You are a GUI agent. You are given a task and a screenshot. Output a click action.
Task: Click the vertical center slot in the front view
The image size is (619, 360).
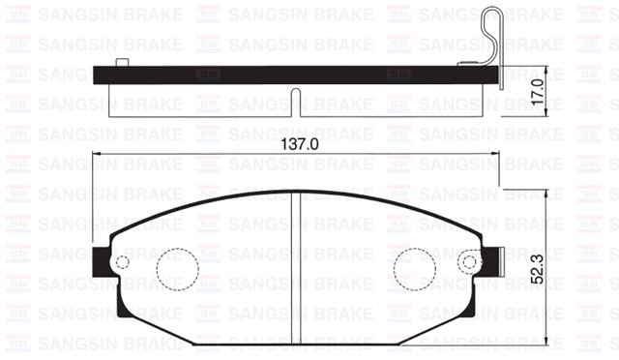tap(297, 261)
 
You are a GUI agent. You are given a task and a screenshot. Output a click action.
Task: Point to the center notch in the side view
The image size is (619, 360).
tap(297, 98)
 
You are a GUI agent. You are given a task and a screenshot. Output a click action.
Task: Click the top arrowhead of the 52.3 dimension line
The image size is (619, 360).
tap(547, 192)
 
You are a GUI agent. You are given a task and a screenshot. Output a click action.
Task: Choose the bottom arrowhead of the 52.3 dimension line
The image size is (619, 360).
tap(547, 342)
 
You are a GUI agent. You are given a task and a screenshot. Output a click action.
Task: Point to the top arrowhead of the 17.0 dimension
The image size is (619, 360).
tap(547, 70)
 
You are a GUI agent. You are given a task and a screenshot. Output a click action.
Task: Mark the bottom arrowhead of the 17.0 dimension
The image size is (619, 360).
tap(547, 114)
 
